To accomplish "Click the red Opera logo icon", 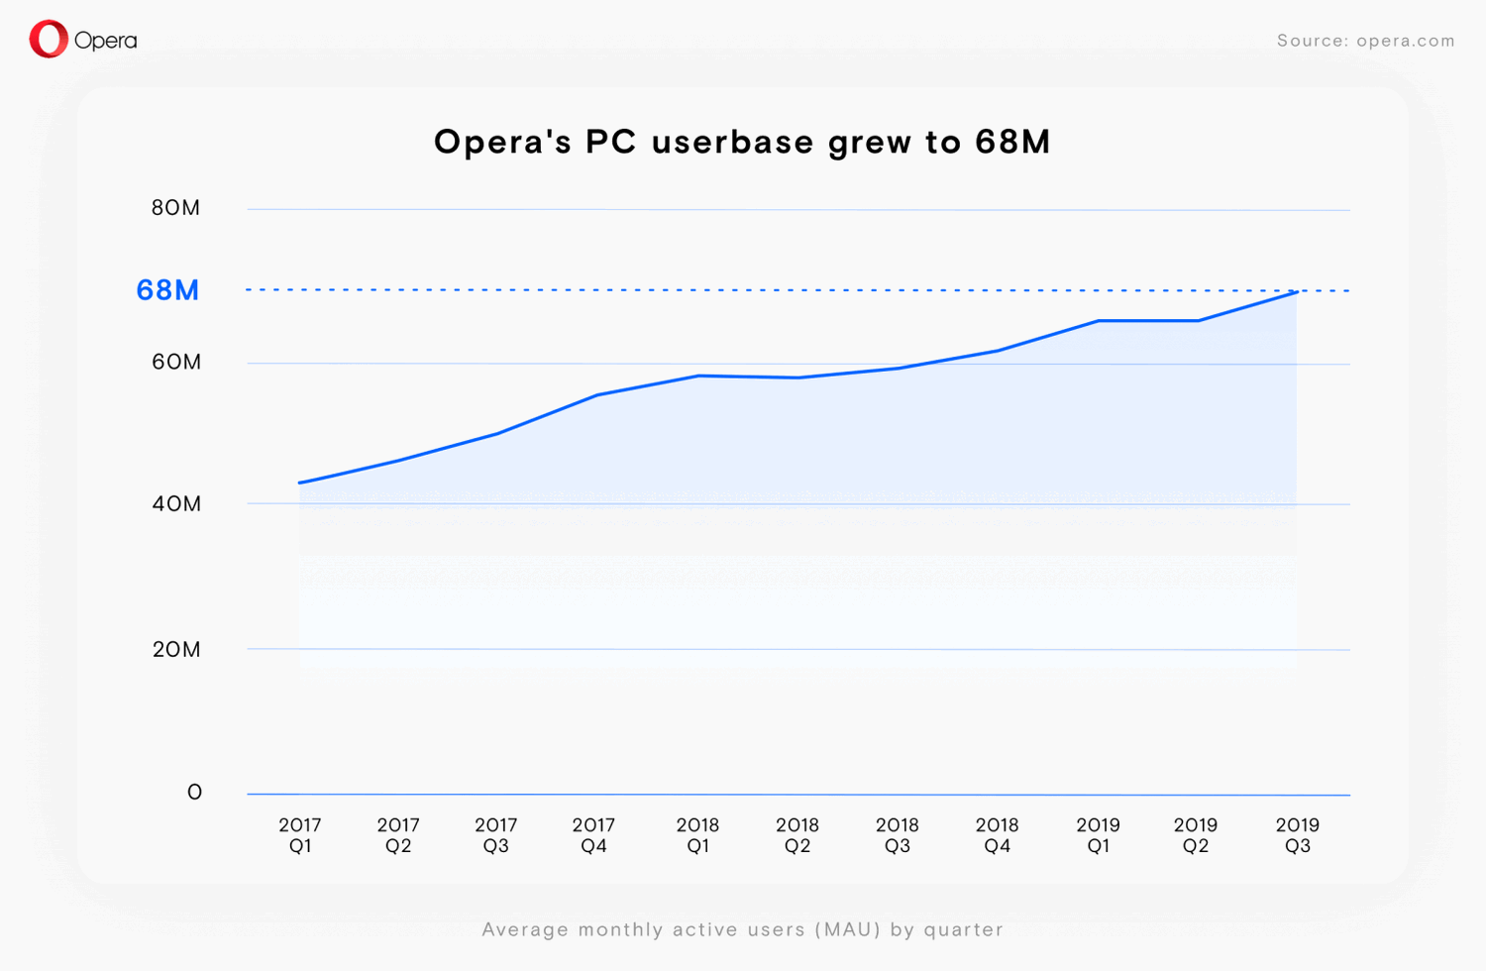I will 49,40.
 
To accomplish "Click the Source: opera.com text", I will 1365,41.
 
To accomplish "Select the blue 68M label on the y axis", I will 167,290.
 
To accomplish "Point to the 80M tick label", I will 175,208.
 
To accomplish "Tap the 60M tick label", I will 176,362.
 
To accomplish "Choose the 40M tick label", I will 176,503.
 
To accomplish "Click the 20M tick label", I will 176,649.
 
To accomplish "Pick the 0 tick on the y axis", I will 194,792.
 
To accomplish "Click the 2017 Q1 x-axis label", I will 300,835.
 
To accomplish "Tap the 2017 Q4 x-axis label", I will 594,835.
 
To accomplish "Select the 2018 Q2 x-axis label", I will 797,835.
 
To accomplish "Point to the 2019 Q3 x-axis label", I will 1297,835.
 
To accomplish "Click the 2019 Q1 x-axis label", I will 1098,835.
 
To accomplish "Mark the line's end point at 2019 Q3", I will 1297,291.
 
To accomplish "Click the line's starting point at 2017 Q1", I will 300,483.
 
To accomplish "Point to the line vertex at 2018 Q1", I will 698,376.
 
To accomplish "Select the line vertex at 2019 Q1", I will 1098,321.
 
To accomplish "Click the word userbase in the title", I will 732,142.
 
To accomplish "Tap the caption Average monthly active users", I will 742,929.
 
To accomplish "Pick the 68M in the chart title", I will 1011,142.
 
